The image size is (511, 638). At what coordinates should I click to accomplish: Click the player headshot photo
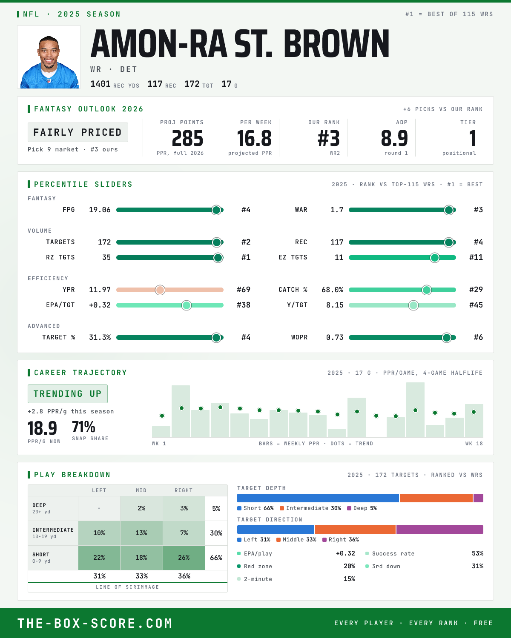coord(49,57)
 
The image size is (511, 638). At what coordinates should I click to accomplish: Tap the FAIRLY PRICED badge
coord(78,132)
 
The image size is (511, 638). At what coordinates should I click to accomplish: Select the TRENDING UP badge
coord(68,394)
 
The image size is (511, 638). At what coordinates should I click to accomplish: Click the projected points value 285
coord(187,139)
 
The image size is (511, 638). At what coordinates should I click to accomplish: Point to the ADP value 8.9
coord(394,139)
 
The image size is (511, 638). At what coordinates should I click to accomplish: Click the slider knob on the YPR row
coord(160,290)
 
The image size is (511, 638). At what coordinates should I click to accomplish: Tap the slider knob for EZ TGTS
coord(435,258)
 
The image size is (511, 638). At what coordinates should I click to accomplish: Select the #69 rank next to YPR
coord(244,290)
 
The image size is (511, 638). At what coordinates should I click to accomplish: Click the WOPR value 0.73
coord(335,337)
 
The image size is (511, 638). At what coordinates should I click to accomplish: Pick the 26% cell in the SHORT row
coord(184,558)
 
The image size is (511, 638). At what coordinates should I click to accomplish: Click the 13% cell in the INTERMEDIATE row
coord(141,533)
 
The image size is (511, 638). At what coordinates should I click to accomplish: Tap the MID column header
coord(141,490)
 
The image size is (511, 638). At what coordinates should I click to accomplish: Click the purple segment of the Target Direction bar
coord(440,530)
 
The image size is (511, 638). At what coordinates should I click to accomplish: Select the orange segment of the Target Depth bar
coord(436,498)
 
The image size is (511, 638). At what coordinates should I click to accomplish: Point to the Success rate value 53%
coord(477,553)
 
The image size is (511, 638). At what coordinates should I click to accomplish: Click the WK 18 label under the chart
coord(474,444)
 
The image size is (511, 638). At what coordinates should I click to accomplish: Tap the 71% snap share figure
coord(83,427)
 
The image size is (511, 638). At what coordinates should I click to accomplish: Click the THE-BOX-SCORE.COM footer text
coord(95,623)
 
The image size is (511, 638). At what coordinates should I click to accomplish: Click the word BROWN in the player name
coord(336,43)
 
